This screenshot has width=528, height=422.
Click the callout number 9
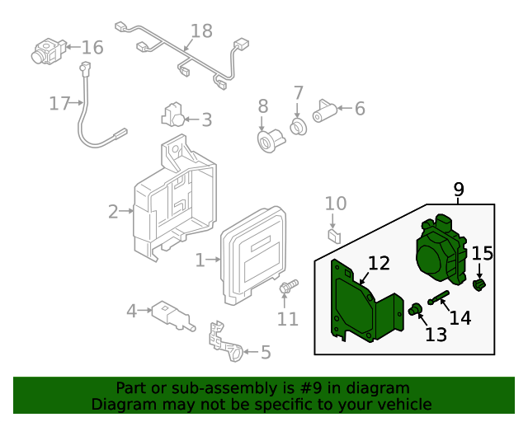[x=460, y=190]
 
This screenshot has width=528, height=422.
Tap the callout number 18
[x=201, y=31]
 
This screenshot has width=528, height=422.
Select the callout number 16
[x=92, y=47]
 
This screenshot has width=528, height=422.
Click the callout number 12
[x=379, y=264]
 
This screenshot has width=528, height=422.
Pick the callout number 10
[x=336, y=204]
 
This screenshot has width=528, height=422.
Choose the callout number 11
[x=287, y=317]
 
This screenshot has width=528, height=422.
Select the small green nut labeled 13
[x=415, y=310]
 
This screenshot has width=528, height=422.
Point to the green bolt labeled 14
[x=438, y=298]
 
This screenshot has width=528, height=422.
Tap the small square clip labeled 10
[x=333, y=235]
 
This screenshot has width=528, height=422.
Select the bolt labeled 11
[x=288, y=288]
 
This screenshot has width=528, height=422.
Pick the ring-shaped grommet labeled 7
[x=297, y=126]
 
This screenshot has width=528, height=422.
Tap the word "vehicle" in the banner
[x=404, y=404]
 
